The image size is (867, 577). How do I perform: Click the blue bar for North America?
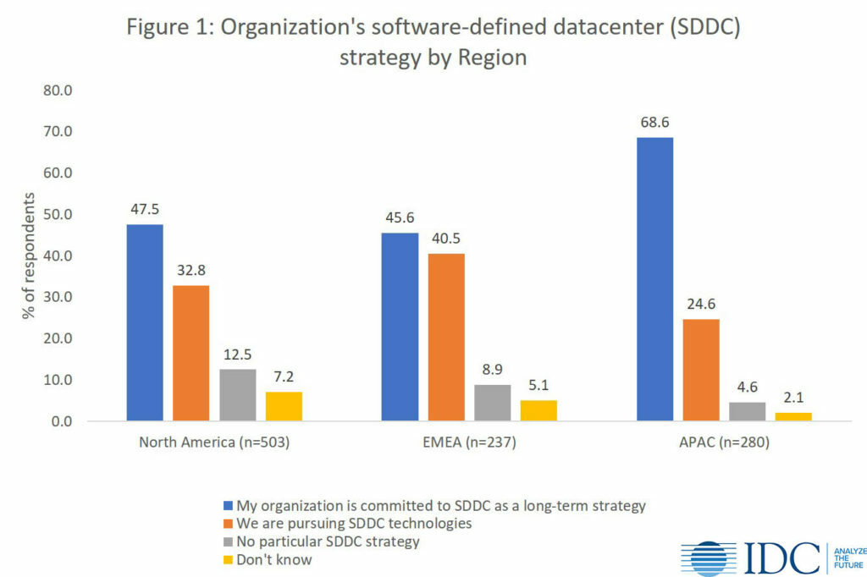click(x=145, y=322)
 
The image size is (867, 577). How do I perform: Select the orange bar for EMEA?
click(x=445, y=337)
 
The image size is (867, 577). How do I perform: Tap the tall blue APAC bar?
click(x=654, y=278)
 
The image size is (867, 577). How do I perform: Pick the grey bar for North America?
click(x=237, y=395)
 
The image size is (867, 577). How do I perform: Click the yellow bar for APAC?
click(x=793, y=416)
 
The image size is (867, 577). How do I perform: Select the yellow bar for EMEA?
click(x=538, y=410)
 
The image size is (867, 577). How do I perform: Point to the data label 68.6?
click(x=654, y=123)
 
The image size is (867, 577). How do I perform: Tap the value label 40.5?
click(x=445, y=239)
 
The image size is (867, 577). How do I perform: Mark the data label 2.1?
click(x=793, y=398)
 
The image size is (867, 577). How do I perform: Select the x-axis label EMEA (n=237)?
click(x=469, y=441)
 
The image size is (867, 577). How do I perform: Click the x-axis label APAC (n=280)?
click(x=723, y=441)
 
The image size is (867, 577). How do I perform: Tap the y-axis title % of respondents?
click(x=30, y=256)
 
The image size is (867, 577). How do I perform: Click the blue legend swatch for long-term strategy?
click(x=227, y=506)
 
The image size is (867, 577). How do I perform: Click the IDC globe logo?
click(x=710, y=558)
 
